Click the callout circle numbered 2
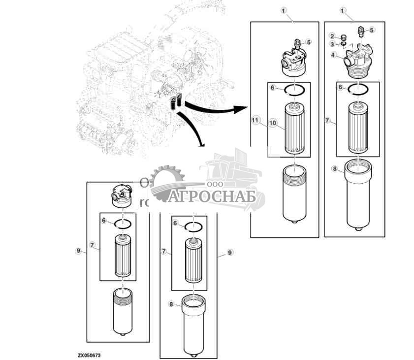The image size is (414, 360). coord(332,36)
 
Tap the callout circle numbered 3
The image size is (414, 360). coord(332,45)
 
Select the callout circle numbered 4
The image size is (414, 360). coord(334,56)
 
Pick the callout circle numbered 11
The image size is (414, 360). coord(255,120)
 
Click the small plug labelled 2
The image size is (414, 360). coord(343,36)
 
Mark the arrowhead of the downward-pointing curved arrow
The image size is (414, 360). coord(200,145)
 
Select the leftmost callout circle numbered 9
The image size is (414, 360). coord(78,251)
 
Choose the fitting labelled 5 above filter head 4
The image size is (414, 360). coord(362,31)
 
